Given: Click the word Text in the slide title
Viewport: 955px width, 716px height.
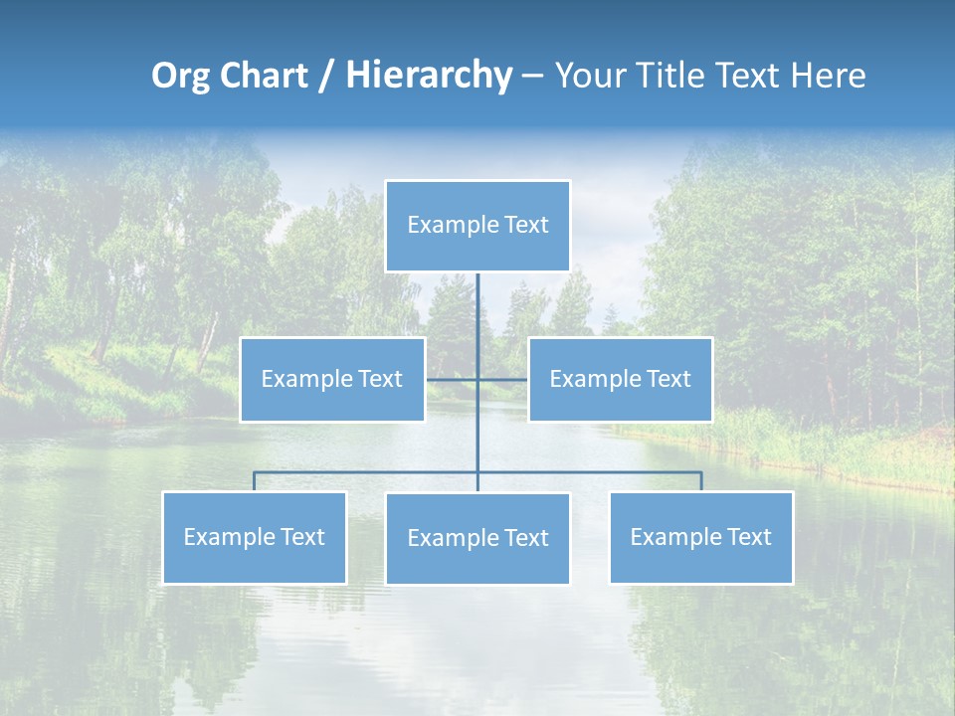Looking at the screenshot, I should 751,76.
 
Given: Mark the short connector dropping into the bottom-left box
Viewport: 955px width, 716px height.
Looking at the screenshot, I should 255,481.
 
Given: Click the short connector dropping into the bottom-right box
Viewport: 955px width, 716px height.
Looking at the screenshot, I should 701,481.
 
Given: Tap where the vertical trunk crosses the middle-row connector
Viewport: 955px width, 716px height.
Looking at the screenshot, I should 477,379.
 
